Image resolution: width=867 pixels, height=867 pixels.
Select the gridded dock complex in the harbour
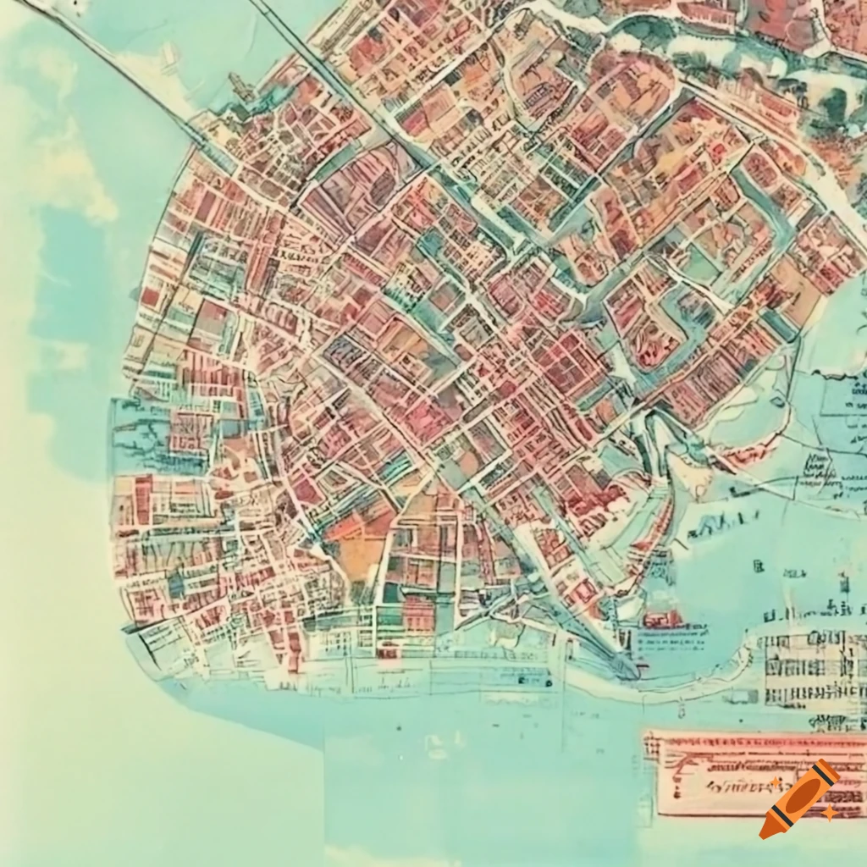click(x=809, y=669)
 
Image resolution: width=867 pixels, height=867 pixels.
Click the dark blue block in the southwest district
click(x=176, y=584)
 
